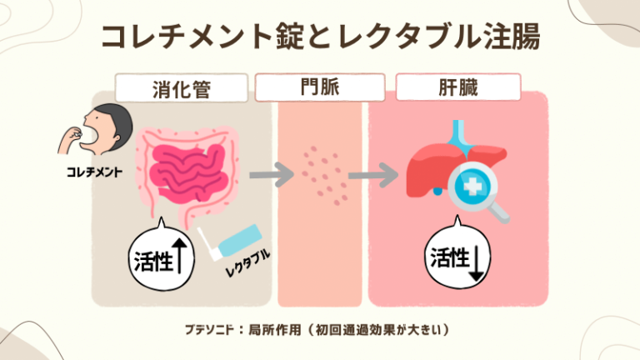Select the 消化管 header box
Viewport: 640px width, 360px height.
[181, 87]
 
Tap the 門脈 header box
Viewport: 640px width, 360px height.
[320, 87]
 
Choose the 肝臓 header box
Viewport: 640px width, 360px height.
[457, 87]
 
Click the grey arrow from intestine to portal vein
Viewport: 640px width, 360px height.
[272, 176]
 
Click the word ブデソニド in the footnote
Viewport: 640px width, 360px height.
[208, 329]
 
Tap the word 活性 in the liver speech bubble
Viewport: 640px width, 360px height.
[448, 258]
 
